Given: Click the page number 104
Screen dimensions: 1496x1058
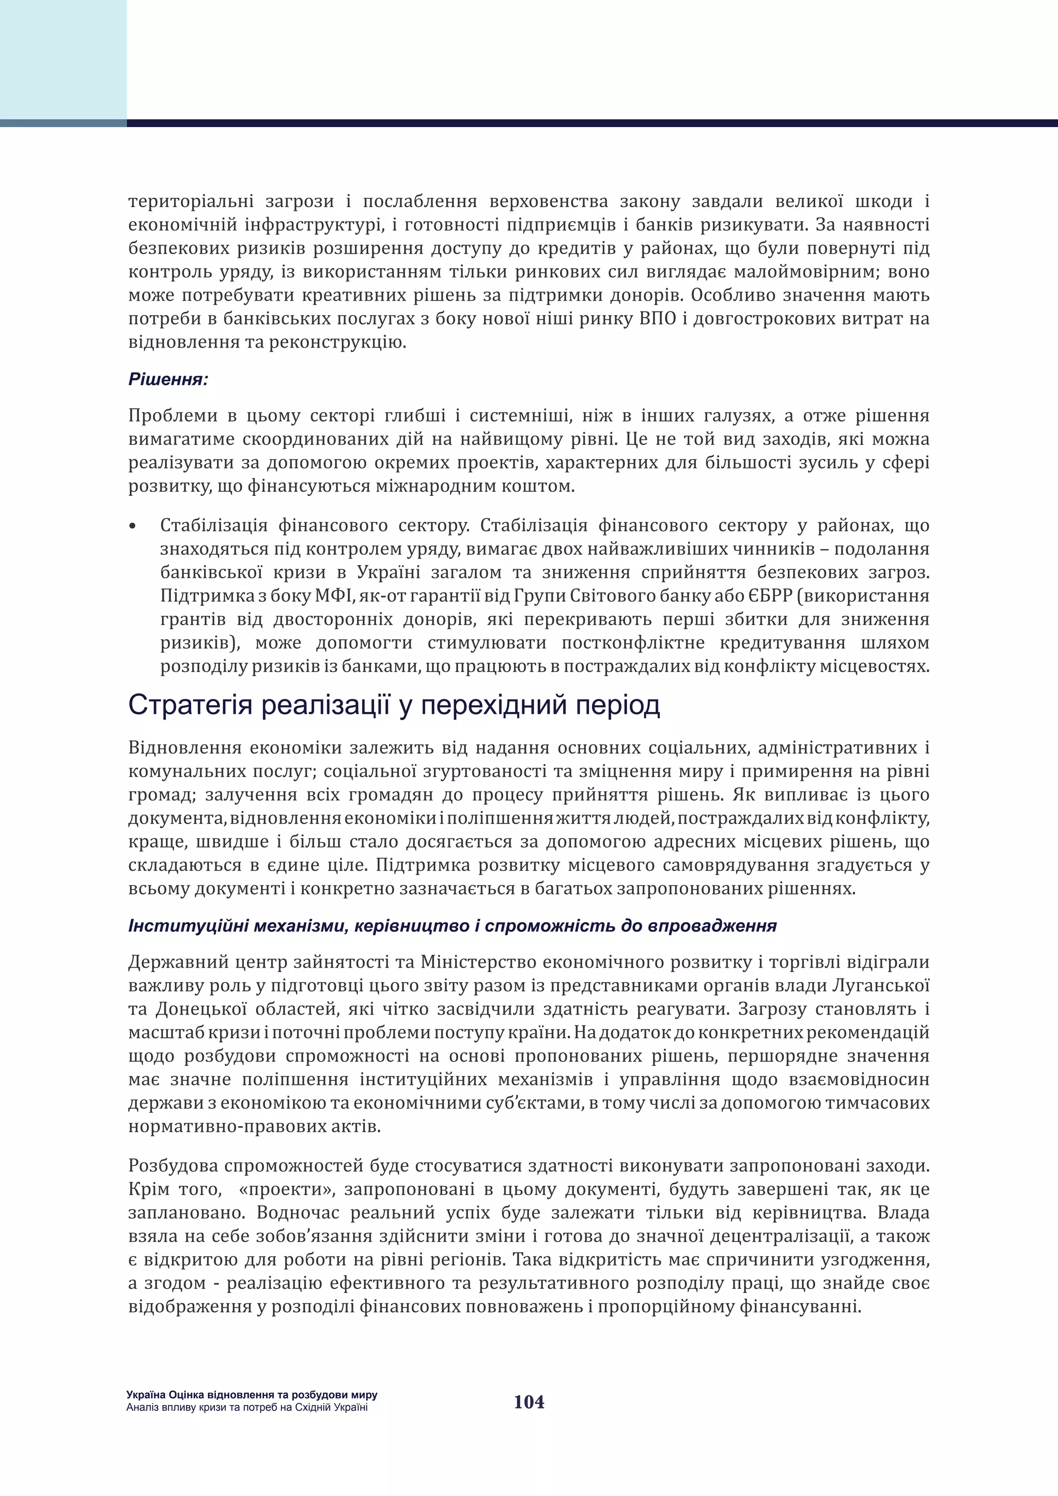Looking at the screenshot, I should (x=528, y=1401).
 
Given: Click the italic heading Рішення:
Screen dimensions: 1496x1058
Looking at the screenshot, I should (x=168, y=379).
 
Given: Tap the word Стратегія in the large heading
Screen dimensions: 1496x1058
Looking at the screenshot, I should (x=190, y=706).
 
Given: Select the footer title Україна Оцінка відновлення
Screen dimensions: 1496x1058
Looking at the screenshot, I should (x=252, y=1395).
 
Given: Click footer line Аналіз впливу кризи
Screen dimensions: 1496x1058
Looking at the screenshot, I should (x=247, y=1407).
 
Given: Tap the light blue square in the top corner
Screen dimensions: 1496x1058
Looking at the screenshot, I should (x=63, y=60).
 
